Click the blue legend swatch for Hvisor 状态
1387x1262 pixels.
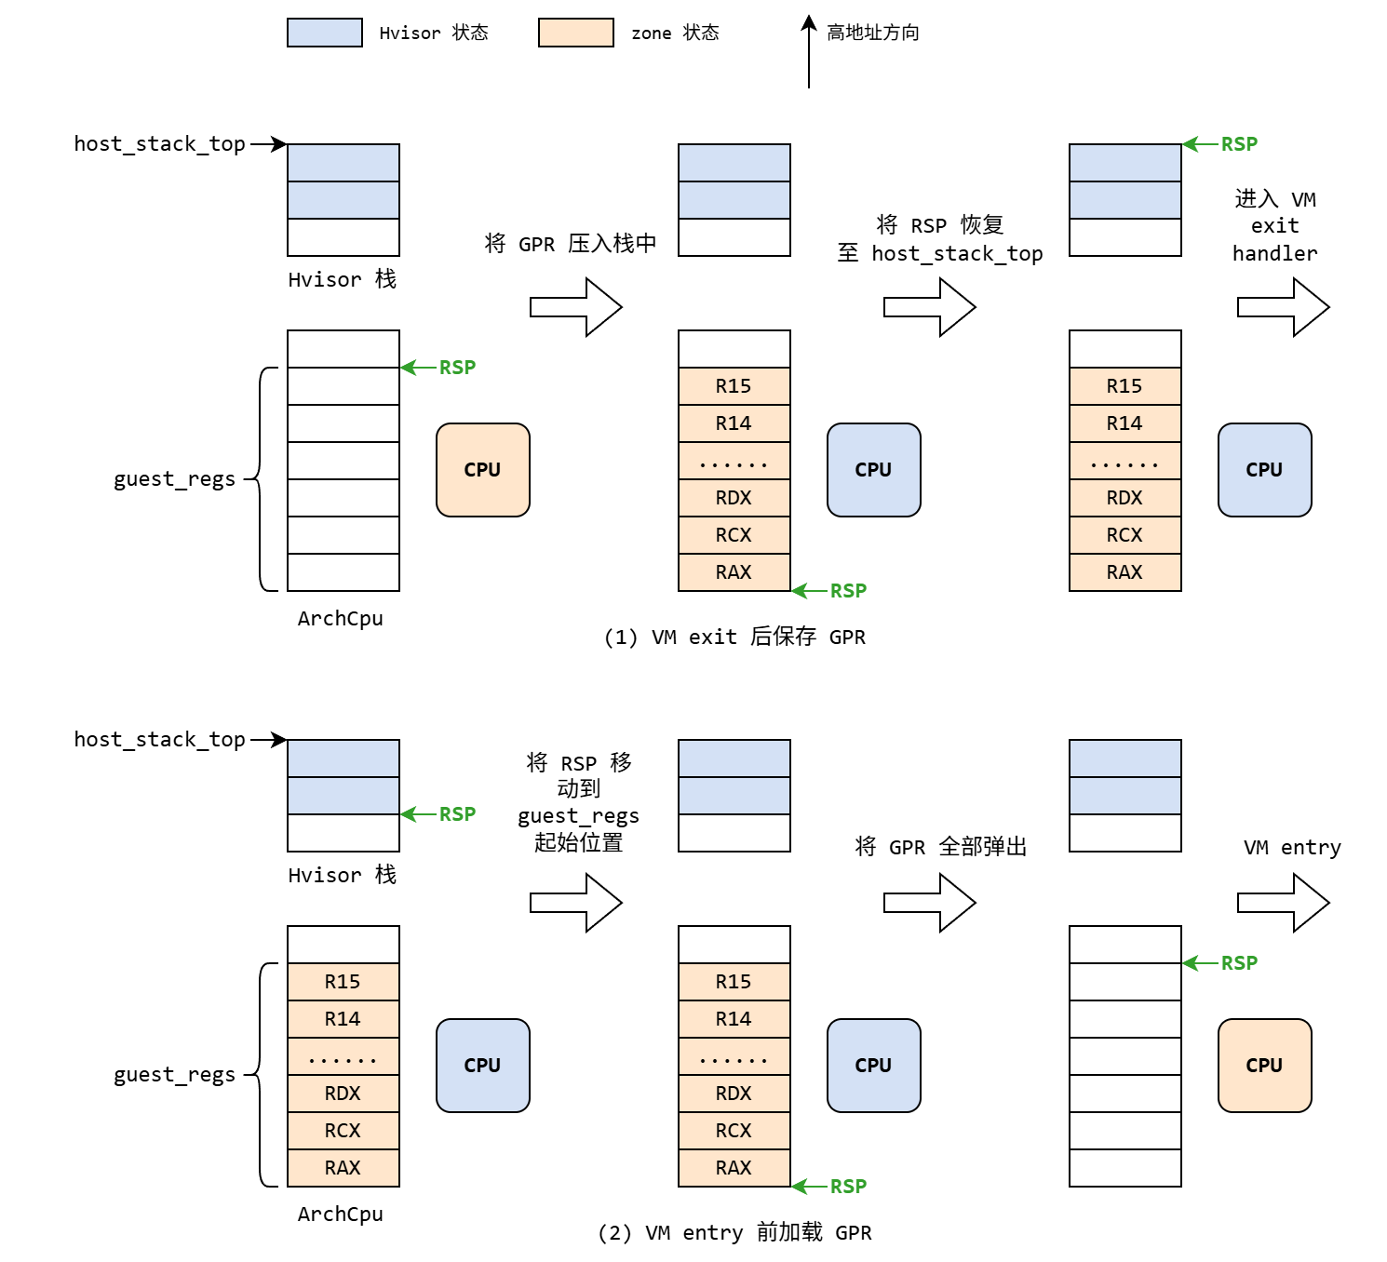click(324, 33)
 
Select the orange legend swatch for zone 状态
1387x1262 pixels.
click(575, 33)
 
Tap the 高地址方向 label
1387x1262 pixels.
click(872, 33)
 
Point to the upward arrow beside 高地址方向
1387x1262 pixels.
click(809, 52)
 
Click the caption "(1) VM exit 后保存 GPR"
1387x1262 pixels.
click(734, 637)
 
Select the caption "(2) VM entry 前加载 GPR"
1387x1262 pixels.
click(734, 1232)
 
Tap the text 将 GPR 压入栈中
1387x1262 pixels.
click(570, 244)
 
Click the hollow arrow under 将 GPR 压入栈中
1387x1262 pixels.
click(575, 307)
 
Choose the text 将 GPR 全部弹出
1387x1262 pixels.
click(940, 847)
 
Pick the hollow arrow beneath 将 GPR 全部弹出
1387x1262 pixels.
click(929, 903)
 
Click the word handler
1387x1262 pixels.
click(1274, 253)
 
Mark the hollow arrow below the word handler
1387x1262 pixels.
click(1283, 307)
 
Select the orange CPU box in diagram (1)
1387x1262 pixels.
click(482, 470)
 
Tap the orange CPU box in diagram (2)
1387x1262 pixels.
click(1264, 1066)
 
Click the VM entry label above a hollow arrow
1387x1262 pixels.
click(1292, 847)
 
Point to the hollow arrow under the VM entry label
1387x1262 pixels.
click(1283, 903)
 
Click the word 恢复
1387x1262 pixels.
click(982, 225)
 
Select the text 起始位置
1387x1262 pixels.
click(578, 842)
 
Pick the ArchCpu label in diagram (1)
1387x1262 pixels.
click(340, 618)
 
